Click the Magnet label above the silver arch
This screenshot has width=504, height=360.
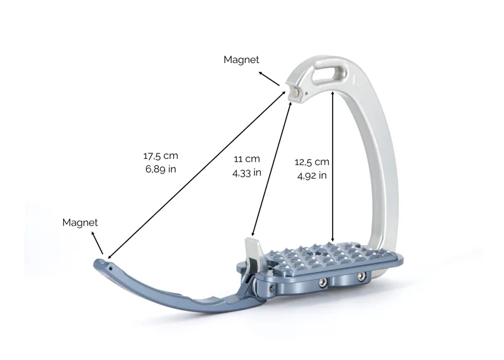point(241,59)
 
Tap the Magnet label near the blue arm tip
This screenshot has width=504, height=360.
point(80,223)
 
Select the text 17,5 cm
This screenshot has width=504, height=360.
point(160,156)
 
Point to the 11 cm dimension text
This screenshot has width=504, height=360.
point(246,159)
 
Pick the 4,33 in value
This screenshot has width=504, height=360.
point(246,172)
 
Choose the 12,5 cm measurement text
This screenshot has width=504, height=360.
point(312,162)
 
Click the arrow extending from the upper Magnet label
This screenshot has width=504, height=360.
point(270,78)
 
